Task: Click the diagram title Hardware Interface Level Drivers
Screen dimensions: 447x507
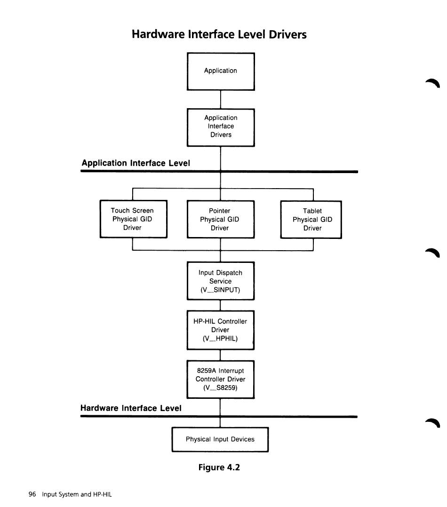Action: [x=219, y=34]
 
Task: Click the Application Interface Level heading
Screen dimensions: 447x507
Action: [x=136, y=163]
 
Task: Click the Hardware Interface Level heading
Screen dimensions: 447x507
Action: [x=131, y=408]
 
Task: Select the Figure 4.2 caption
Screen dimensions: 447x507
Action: [x=219, y=467]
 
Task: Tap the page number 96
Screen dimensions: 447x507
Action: [x=32, y=494]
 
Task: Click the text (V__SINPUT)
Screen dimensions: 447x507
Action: [x=220, y=290]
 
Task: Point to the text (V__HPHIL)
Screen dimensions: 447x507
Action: [x=220, y=339]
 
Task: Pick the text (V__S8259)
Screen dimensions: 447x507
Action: [x=220, y=388]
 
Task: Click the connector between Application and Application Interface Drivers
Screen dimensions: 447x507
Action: [x=221, y=100]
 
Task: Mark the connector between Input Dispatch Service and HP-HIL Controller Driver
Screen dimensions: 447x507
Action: [x=220, y=305]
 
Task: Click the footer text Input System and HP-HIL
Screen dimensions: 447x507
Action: [x=77, y=494]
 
